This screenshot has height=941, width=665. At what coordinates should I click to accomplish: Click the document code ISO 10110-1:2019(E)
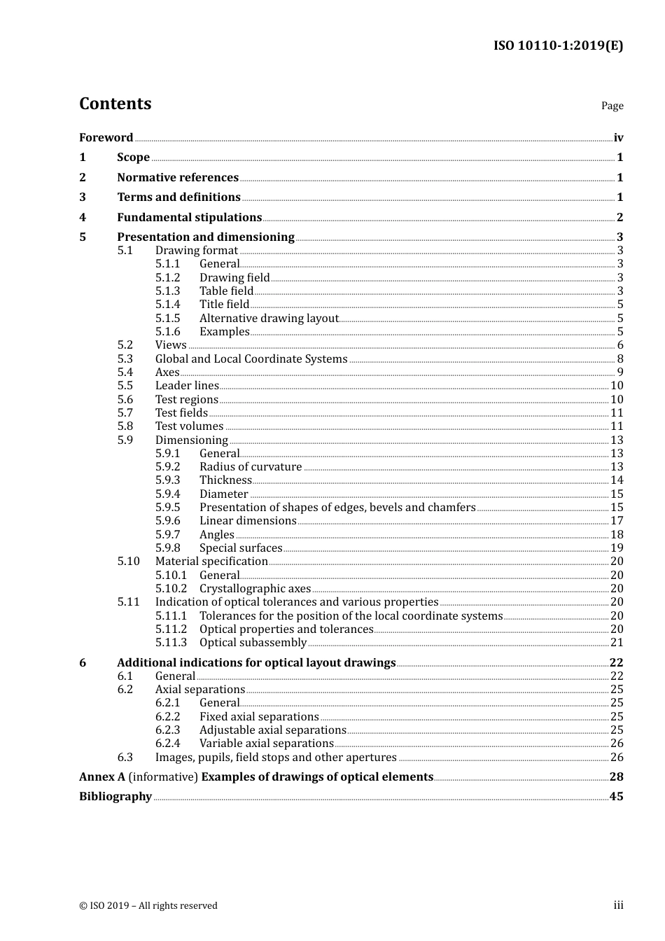[x=558, y=46]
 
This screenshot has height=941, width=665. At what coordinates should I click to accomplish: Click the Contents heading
[x=115, y=104]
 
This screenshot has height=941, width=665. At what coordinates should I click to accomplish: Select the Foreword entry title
[x=106, y=138]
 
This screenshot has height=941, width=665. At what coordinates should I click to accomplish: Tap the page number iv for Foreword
[x=618, y=138]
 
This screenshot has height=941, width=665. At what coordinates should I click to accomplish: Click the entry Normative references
[x=178, y=178]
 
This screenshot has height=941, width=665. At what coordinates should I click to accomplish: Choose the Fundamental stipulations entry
[x=189, y=218]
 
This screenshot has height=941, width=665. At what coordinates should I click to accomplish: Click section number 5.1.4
[x=167, y=305]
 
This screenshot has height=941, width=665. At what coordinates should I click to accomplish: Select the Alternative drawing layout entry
[x=269, y=319]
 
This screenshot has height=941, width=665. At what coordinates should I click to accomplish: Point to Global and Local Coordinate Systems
[x=251, y=359]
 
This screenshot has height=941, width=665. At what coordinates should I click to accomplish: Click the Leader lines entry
[x=187, y=386]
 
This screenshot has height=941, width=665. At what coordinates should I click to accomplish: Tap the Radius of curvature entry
[x=251, y=467]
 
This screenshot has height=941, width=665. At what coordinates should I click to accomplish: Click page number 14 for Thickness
[x=616, y=480]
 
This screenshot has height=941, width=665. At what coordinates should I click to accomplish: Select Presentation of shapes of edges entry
[x=337, y=508]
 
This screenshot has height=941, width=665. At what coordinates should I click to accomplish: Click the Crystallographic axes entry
[x=255, y=589]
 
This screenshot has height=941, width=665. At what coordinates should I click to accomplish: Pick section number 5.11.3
[x=171, y=643]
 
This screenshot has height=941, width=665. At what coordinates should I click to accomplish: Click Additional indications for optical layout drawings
[x=256, y=663]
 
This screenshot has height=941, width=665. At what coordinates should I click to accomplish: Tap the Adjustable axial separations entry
[x=272, y=730]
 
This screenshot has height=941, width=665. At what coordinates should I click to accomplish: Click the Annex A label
[x=102, y=777]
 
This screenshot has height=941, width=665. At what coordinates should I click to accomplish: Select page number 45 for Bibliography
[x=616, y=797]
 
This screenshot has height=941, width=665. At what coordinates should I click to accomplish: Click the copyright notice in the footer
[x=148, y=906]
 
